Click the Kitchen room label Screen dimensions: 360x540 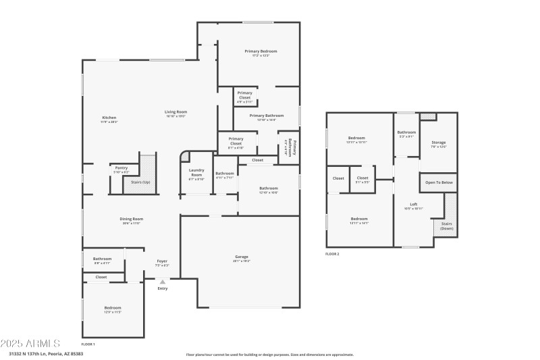[109, 118]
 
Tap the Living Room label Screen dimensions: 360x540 [175, 111]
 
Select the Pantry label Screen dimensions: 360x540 [122, 168]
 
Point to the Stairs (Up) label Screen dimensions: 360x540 [140, 182]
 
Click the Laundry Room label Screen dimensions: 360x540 [196, 172]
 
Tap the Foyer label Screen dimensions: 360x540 [162, 261]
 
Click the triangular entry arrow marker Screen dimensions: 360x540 [162, 282]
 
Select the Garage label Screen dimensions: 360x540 [242, 257]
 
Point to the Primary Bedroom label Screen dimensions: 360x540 [261, 51]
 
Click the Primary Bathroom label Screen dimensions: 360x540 [267, 115]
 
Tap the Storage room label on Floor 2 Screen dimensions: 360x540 [439, 143]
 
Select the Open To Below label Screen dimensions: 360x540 [439, 182]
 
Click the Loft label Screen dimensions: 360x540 [414, 205]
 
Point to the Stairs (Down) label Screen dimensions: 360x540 [447, 226]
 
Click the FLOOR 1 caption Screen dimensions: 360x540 [88, 344]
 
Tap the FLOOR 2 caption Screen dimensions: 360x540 [332, 254]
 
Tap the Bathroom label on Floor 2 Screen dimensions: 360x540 [406, 132]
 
